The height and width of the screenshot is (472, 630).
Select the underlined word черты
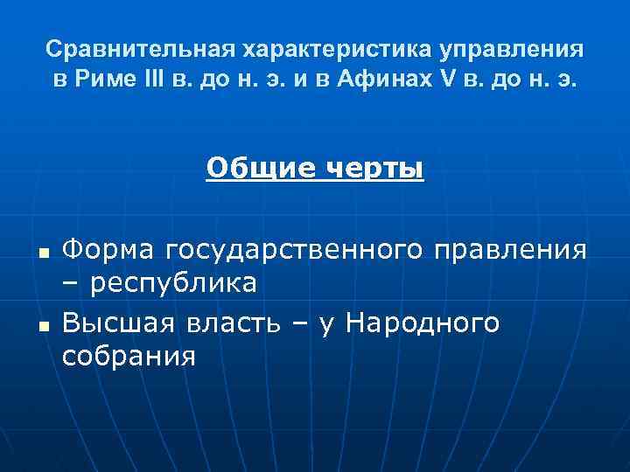coord(374,167)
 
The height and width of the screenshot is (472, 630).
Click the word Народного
coord(423,323)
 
